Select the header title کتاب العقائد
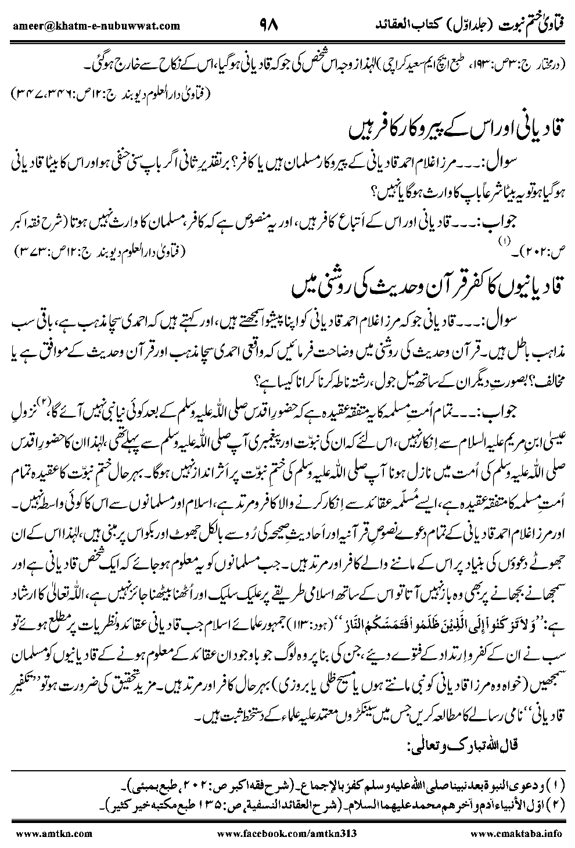coord(403,25)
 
